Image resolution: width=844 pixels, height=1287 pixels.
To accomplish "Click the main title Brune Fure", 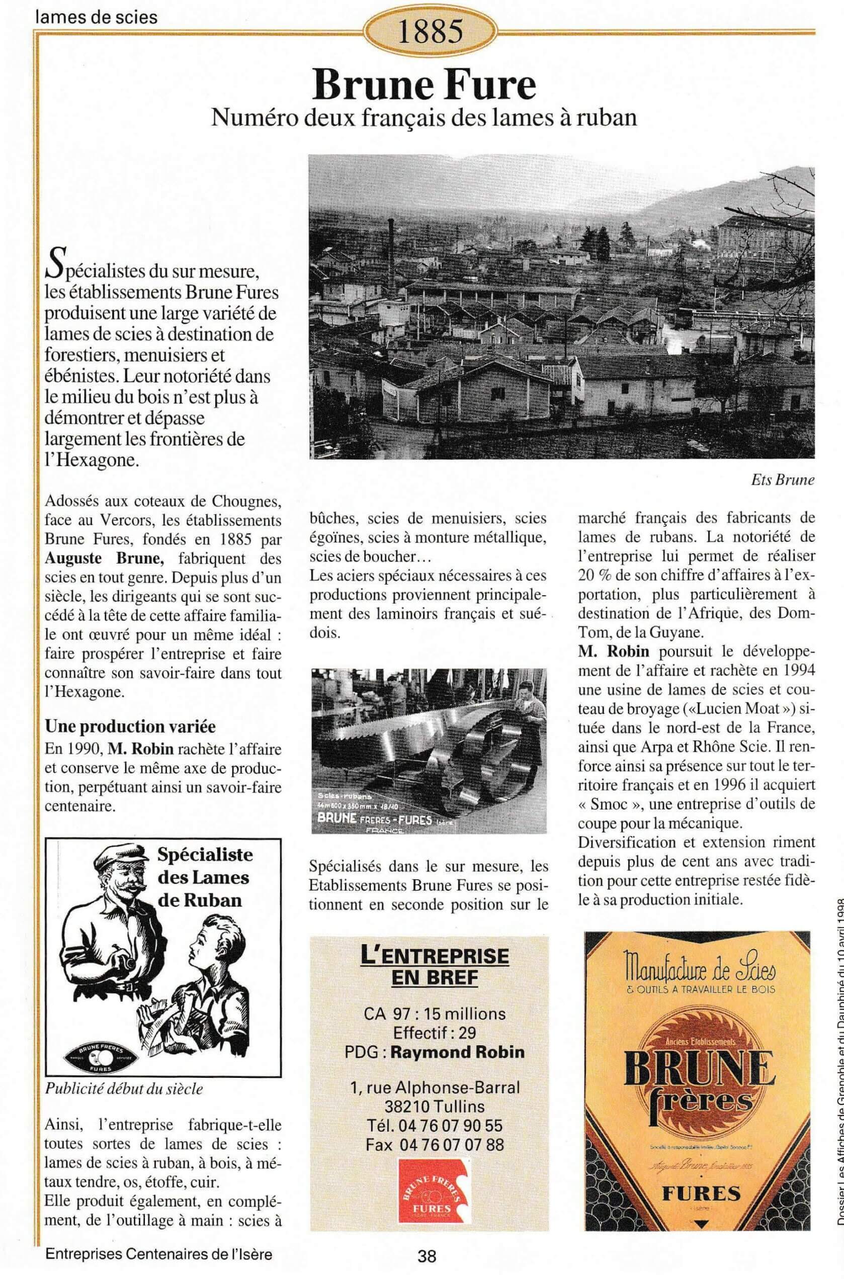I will pos(424,85).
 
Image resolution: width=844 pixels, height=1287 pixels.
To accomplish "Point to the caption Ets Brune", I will pos(782,480).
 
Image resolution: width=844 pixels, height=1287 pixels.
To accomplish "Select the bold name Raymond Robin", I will pos(457,1052).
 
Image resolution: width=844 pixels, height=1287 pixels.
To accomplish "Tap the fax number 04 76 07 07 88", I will pos(435,1145).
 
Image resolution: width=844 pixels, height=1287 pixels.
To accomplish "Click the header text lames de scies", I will pos(96,18).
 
